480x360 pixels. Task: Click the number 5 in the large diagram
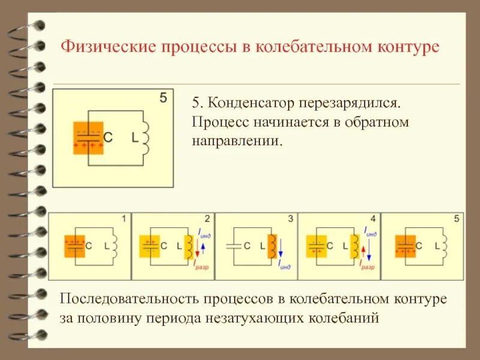coord(163,98)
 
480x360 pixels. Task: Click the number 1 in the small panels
coord(124,220)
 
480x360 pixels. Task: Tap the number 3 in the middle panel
coord(290,220)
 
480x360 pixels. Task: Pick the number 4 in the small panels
coord(373,220)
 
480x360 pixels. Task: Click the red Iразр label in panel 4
coord(367,264)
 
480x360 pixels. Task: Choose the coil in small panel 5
coord(445,246)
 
